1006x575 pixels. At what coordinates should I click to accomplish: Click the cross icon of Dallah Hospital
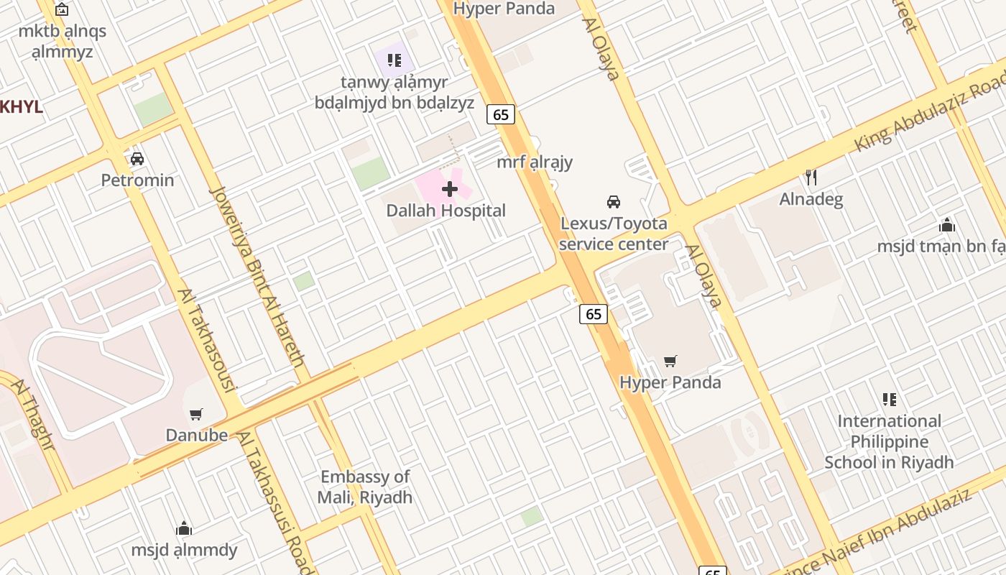(x=450, y=189)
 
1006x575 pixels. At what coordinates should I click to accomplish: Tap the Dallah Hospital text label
(x=446, y=211)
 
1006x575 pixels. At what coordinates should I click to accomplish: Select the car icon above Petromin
(x=137, y=159)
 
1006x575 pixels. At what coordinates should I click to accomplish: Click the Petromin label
(x=137, y=180)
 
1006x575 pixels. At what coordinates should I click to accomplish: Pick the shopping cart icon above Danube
(x=195, y=414)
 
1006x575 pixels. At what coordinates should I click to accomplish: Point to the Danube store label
(x=196, y=435)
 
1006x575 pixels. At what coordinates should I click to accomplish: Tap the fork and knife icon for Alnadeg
(x=811, y=178)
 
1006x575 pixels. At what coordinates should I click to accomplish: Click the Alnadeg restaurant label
(x=811, y=198)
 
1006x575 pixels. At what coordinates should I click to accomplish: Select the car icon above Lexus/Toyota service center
(x=613, y=202)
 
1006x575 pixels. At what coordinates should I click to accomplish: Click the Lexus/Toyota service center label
(x=613, y=234)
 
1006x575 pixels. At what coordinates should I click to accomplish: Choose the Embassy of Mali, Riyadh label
(x=365, y=487)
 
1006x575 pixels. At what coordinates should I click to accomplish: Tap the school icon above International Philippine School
(x=889, y=400)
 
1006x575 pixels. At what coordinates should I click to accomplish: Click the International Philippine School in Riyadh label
(x=889, y=441)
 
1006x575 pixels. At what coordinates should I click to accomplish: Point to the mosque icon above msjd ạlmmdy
(x=184, y=529)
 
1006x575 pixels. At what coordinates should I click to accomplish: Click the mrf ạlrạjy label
(x=535, y=162)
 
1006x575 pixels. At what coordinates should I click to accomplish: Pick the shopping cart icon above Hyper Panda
(x=670, y=361)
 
